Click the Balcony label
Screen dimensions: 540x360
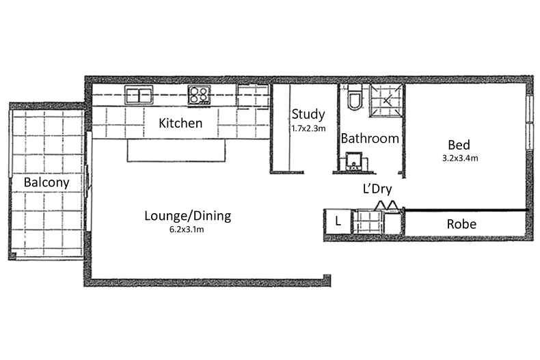point(46,182)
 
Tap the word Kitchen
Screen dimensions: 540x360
point(180,123)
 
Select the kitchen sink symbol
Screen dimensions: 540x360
point(139,95)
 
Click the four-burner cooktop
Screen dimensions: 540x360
point(199,95)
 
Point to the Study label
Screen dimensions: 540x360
point(308,115)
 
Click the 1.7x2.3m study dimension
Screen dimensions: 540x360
point(308,128)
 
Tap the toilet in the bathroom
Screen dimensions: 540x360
point(354,97)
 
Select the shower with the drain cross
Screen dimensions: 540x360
point(386,100)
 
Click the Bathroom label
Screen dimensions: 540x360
point(370,139)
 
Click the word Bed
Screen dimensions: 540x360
point(459,145)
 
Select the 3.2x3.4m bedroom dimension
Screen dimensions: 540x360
point(460,158)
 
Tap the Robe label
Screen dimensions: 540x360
point(461,224)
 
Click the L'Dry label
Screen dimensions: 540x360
point(377,189)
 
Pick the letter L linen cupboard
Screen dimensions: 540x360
point(338,221)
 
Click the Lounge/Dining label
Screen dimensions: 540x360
point(188,216)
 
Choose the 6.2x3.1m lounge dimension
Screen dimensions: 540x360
point(187,230)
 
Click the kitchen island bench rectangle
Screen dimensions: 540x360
point(176,150)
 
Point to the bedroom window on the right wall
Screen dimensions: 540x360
point(529,122)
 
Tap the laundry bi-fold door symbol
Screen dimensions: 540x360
point(386,205)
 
